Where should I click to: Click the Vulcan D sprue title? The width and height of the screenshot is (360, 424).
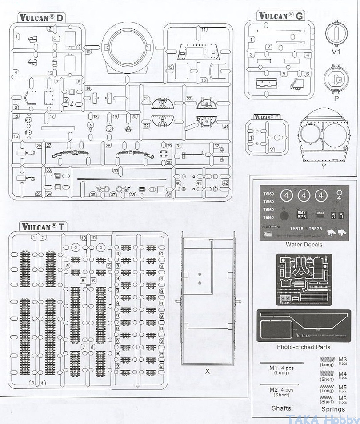click(x=42, y=18)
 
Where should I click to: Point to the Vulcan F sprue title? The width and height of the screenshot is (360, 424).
click(x=267, y=117)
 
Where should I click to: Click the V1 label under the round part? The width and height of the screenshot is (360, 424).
click(x=336, y=52)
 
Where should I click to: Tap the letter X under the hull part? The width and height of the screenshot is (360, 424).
click(x=207, y=371)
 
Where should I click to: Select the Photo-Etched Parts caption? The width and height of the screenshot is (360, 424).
click(x=304, y=347)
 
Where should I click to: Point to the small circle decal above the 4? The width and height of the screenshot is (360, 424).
click(x=340, y=193)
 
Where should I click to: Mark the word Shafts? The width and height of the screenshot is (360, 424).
click(x=281, y=408)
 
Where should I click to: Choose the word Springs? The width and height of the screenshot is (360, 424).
click(x=333, y=409)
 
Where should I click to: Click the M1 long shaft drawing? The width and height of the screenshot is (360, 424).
click(x=281, y=363)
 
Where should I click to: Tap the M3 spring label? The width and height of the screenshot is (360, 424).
click(x=343, y=360)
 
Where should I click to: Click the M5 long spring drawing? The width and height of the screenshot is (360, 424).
click(x=327, y=386)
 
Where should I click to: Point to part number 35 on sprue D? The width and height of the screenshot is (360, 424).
click(x=115, y=170)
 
